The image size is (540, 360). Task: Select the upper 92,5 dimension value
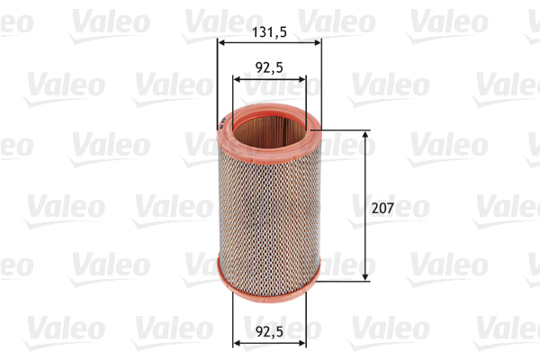click(268, 66)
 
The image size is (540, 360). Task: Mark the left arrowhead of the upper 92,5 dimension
click(238, 79)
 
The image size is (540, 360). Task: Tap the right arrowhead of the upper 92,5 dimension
click(301, 79)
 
